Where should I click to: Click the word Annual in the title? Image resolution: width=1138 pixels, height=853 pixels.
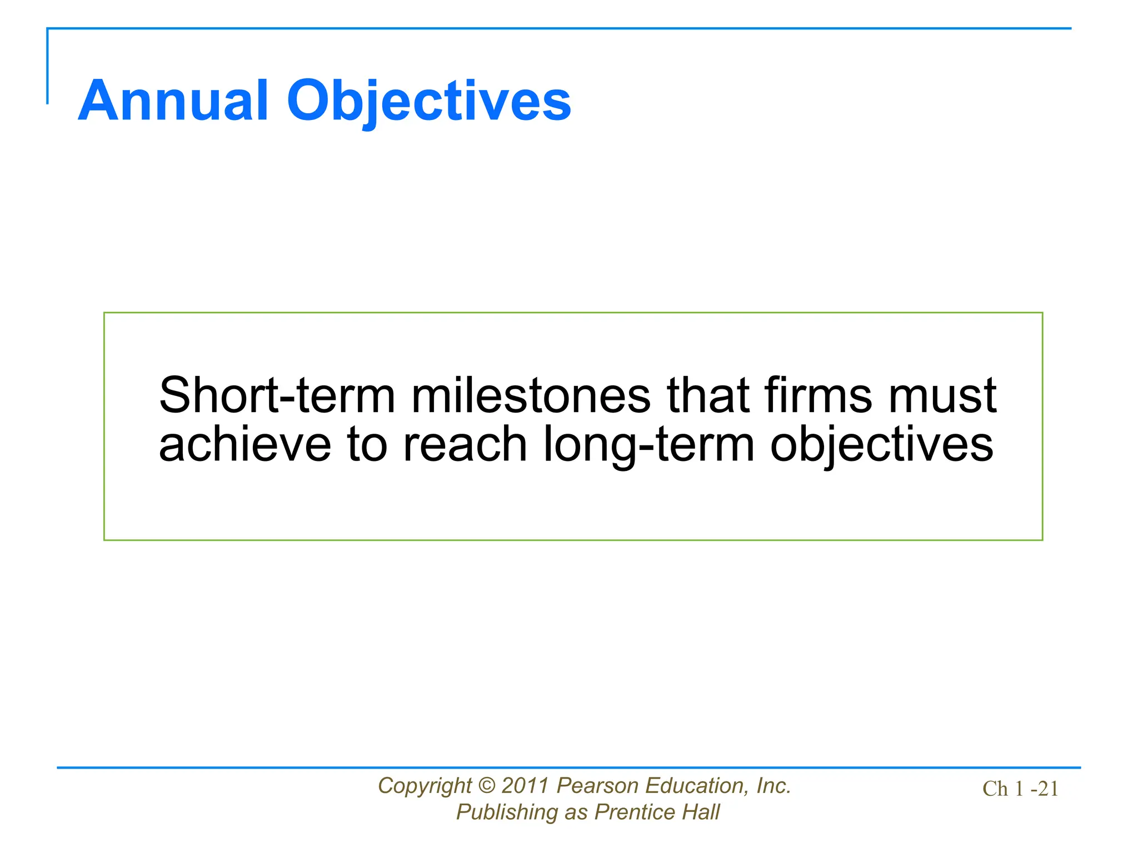pos(173,101)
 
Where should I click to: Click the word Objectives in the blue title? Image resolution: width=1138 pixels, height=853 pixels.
pos(428,102)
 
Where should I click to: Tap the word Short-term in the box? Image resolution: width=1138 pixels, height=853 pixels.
pos(277,395)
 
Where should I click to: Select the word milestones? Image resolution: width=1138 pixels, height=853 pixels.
pos(530,395)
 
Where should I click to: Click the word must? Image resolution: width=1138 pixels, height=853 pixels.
pos(942,397)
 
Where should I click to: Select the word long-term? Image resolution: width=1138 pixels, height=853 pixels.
pos(648,445)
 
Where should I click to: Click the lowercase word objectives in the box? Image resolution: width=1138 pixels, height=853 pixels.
pos(881,445)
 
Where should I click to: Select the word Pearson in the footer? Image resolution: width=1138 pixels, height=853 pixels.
pos(597,786)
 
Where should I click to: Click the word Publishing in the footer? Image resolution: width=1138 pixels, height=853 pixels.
pos(506,812)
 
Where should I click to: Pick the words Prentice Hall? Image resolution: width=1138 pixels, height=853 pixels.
pos(657,812)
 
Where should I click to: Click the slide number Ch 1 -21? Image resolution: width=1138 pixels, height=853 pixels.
pos(1020,789)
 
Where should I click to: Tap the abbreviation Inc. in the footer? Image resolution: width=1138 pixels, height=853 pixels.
pos(773,786)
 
